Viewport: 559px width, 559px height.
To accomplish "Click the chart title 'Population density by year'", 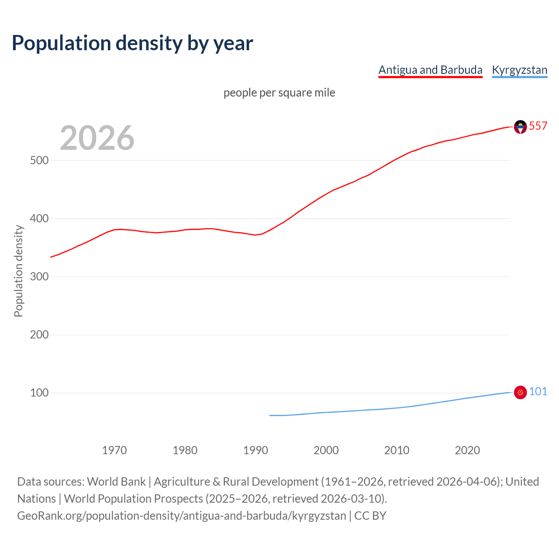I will coord(132,43).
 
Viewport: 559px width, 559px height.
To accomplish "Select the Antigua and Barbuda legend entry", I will coord(430,70).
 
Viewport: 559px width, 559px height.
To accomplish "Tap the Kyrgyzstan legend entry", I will coord(519,70).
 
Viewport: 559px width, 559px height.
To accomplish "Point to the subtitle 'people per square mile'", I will coord(279,93).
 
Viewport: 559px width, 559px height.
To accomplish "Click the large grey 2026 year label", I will coord(97,138).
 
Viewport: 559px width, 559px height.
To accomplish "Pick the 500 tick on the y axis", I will coord(39,160).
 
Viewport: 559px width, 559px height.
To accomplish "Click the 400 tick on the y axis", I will coord(39,218).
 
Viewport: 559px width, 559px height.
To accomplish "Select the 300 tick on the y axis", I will coord(39,276).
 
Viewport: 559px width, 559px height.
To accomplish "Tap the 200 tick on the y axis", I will coord(39,335).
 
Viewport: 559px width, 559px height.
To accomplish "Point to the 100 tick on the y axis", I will coord(39,393).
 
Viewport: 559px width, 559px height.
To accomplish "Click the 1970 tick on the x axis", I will coord(114,450).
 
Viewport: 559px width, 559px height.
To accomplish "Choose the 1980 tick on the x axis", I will coord(185,450).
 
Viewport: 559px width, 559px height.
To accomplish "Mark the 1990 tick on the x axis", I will coord(255,450).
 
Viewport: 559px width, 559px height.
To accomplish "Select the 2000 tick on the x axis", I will coord(326,450).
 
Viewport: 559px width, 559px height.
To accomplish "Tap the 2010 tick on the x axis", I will coord(397,450).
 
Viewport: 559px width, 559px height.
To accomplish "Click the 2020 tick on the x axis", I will coord(467,450).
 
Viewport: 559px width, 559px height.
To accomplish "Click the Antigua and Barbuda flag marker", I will coord(520,127).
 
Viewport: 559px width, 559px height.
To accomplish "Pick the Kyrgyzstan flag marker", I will coord(520,393).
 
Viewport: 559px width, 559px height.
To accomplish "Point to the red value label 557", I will coord(538,126).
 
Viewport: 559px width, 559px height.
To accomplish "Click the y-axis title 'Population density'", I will coord(18,271).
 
